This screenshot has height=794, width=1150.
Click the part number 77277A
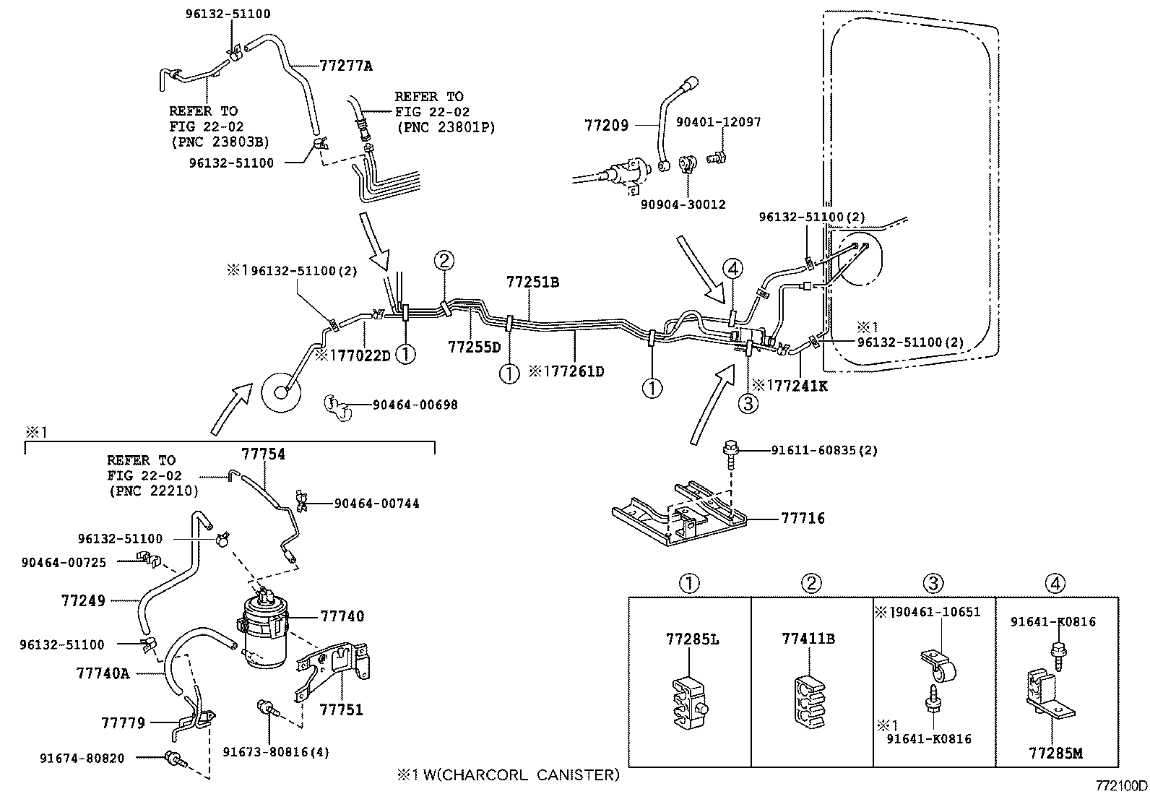(x=345, y=66)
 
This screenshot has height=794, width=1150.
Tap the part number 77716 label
(x=802, y=518)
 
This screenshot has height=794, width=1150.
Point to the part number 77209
(x=606, y=125)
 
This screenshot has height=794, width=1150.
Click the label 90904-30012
(x=683, y=204)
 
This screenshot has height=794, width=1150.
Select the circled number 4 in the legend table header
(x=1055, y=583)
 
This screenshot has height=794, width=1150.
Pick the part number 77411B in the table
(x=808, y=639)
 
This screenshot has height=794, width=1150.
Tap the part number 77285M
(x=1055, y=753)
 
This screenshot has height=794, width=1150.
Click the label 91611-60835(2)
(x=824, y=450)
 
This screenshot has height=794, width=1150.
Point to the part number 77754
(x=263, y=454)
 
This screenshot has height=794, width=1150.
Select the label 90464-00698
(x=415, y=405)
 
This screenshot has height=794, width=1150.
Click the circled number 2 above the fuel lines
(x=444, y=261)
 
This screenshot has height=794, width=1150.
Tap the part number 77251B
(x=532, y=282)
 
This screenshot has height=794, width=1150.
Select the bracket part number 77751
(x=341, y=709)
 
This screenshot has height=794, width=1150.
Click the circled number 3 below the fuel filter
(x=748, y=403)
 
